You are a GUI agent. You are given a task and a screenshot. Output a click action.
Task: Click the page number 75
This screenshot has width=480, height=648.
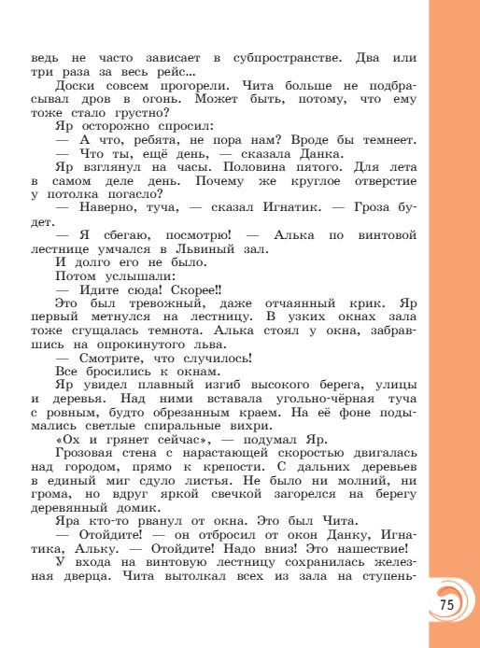pyautogui.click(x=445, y=605)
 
